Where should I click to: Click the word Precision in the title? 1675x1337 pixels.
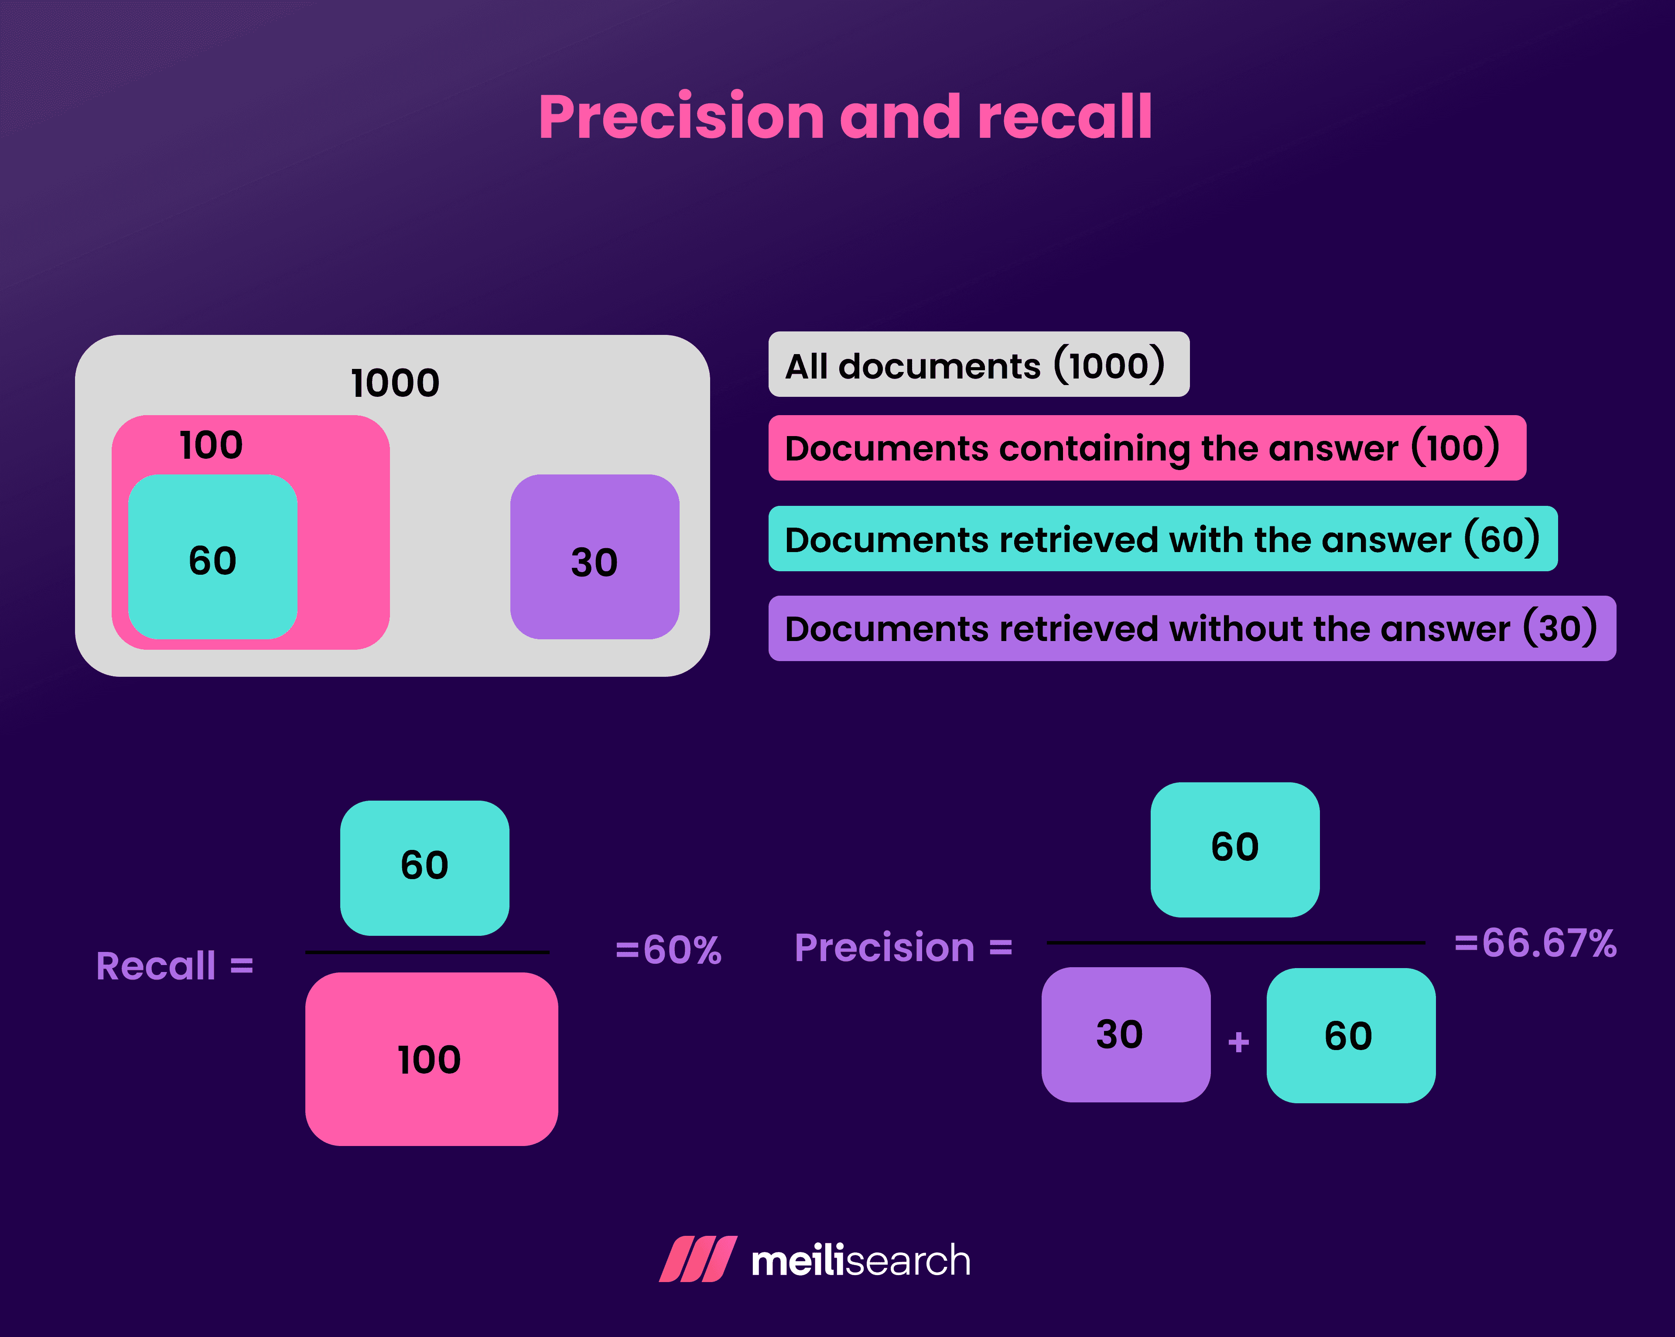[680, 118]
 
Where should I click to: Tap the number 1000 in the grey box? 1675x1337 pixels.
[395, 383]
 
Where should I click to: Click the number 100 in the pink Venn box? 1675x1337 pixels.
[211, 445]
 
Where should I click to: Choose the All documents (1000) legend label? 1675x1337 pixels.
[978, 365]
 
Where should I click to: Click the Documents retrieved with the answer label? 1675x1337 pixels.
[1162, 539]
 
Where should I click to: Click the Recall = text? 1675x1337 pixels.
[175, 965]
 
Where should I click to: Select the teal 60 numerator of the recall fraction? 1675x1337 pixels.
[424, 867]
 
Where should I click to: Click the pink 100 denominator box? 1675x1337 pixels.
[431, 1059]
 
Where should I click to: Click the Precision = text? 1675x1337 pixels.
[903, 948]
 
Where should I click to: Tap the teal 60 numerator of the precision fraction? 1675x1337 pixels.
[1234, 849]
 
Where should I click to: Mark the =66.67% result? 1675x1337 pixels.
[1535, 943]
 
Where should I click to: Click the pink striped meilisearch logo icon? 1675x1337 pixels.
[697, 1259]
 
